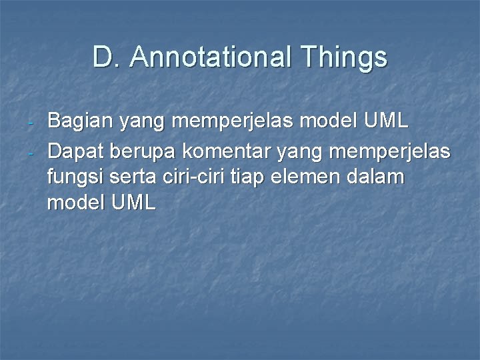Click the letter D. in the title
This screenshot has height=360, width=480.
coord(107,58)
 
